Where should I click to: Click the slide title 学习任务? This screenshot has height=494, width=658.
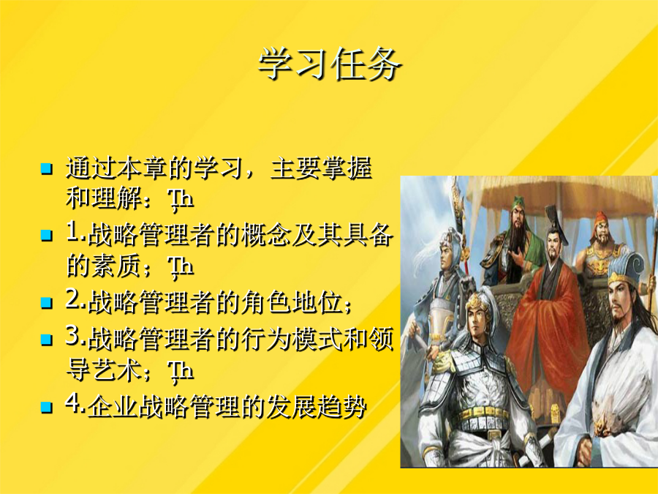[x=330, y=64]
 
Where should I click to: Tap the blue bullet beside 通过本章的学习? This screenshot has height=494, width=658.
[x=47, y=169]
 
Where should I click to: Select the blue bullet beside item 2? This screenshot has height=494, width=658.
[x=47, y=302]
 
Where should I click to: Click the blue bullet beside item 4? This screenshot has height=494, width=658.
[x=47, y=407]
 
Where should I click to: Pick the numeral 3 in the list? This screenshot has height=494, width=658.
[x=72, y=337]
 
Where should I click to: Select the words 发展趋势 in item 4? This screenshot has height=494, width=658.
[x=316, y=407]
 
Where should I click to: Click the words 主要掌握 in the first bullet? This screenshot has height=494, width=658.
[x=321, y=168]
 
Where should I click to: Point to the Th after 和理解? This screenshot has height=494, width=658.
[x=181, y=201]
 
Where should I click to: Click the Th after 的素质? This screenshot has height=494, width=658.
[x=181, y=269]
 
